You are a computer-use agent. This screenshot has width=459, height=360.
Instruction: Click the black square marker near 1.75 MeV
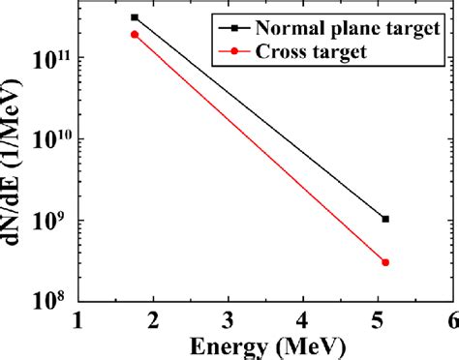(x=135, y=17)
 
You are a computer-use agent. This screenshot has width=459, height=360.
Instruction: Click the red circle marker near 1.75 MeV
(x=135, y=34)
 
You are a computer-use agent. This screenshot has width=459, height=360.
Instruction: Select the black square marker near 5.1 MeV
(x=385, y=219)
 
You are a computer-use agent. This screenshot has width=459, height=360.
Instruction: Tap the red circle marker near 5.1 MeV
(x=385, y=262)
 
